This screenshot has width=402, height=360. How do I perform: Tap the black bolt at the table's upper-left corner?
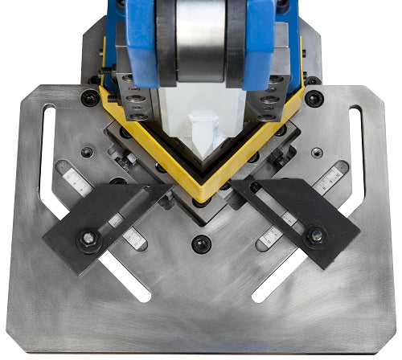tap(90, 98)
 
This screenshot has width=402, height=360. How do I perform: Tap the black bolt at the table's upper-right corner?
tap(314, 98)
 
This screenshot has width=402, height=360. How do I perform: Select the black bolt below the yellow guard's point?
tap(201, 243)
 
